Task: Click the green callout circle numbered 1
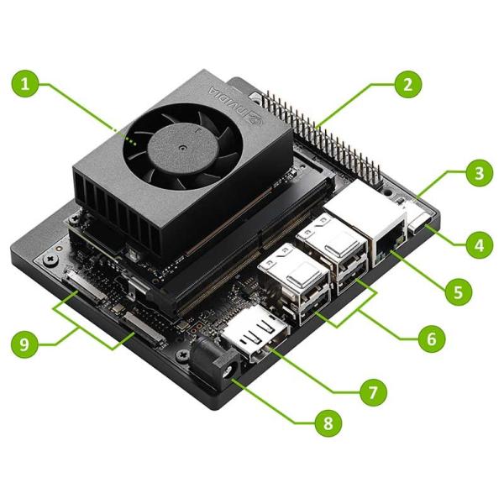(x=27, y=83)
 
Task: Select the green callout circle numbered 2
(x=407, y=83)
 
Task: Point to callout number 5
(x=457, y=291)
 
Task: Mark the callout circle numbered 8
(x=327, y=423)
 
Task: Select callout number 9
(x=27, y=344)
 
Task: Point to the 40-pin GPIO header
(x=319, y=134)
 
